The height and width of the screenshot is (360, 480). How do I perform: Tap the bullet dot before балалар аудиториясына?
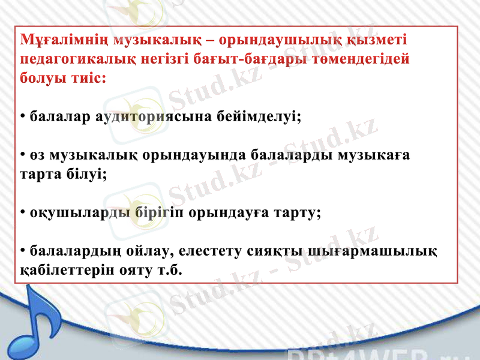22,116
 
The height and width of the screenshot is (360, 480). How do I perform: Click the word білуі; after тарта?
87,175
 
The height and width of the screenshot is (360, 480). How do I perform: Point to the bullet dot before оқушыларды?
22,213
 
